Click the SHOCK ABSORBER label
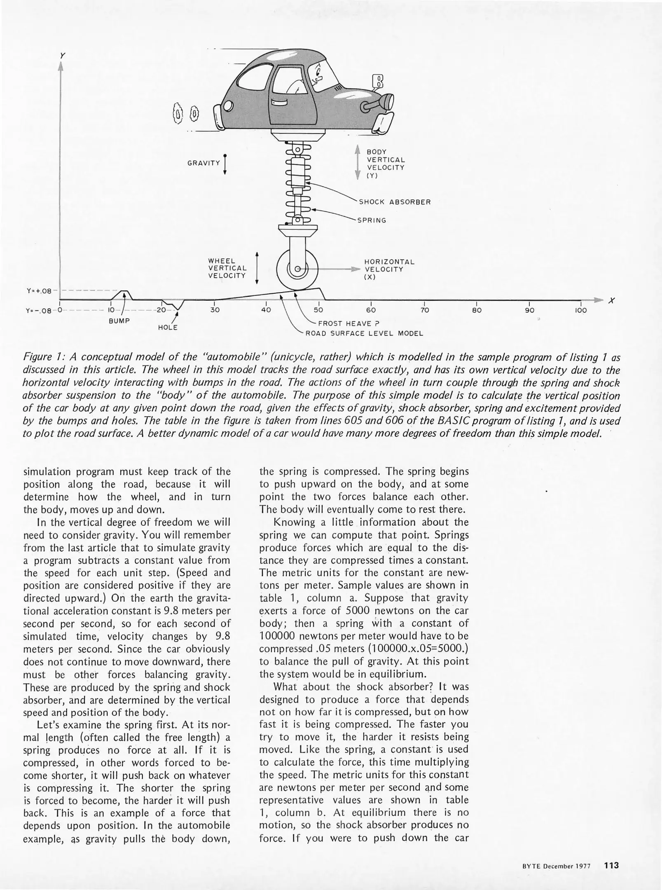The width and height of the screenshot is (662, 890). pos(395,202)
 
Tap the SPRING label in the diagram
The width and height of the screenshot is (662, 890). pos(372,220)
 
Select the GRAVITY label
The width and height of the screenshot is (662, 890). pos(204,163)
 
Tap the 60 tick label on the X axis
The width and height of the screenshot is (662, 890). pos(371,310)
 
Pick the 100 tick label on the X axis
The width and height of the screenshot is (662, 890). pos(580,310)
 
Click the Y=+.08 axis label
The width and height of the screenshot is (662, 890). pos(39,291)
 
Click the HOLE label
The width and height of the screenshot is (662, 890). pos(168,328)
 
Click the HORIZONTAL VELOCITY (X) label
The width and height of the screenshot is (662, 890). pos(389,269)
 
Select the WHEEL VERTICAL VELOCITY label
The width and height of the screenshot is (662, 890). pos(227,269)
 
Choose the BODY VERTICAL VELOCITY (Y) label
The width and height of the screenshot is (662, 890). pos(386,164)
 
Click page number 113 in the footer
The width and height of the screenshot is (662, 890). pos(611,866)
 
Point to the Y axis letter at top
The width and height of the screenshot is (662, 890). pos(63,55)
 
